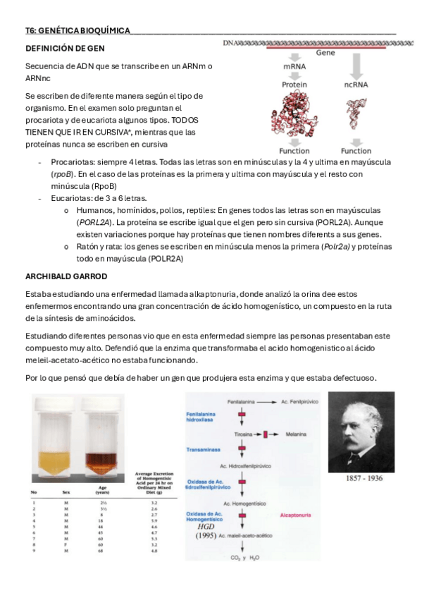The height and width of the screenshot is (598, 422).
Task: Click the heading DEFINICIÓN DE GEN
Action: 65,49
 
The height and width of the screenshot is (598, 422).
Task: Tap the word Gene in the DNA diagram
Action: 325,52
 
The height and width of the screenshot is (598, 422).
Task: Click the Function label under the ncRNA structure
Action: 356,151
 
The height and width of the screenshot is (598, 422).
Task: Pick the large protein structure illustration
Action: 294,116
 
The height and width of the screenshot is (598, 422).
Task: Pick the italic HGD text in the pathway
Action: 206,526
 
